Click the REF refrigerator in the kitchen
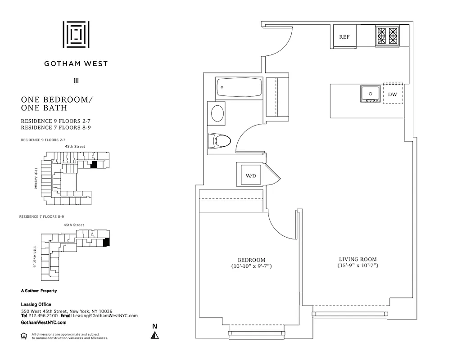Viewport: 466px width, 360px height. coord(344,37)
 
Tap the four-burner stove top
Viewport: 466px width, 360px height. coord(387,36)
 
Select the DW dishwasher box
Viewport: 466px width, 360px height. coord(393,94)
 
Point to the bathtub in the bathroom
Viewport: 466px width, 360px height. coord(239,88)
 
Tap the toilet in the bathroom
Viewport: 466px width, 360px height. coord(220,141)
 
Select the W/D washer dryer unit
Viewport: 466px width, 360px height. coord(250,175)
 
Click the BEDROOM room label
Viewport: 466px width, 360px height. coord(251,260)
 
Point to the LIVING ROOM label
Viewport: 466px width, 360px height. coord(358,259)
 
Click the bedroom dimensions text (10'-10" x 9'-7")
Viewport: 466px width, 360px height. coord(251,267)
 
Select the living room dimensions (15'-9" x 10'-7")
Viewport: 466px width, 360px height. coord(358,266)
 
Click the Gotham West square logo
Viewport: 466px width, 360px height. coord(76,34)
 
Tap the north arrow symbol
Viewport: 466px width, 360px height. coord(155,335)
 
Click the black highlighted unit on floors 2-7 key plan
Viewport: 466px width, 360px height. coord(94,165)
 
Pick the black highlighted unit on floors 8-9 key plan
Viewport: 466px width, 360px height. coord(106,243)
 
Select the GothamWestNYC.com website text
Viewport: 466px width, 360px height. coord(44,323)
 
